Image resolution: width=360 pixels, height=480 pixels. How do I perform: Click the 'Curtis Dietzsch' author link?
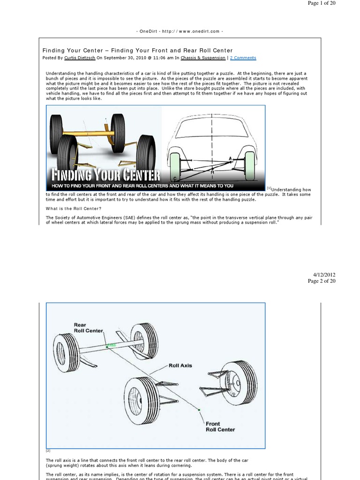78,58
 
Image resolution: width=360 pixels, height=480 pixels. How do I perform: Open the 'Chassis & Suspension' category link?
203,58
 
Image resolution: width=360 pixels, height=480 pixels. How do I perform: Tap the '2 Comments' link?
243,58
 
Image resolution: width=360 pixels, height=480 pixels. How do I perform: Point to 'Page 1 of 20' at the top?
322,3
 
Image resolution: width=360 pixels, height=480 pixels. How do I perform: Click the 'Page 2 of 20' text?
322,281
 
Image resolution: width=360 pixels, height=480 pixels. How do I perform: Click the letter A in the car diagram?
230,159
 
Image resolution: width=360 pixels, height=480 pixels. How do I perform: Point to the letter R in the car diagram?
212,172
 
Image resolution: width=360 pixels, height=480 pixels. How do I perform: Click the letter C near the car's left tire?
175,179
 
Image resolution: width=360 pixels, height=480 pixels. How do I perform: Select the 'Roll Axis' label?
180,366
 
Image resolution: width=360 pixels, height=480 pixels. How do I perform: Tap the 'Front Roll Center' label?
220,427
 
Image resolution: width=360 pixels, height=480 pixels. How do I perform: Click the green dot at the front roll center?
199,410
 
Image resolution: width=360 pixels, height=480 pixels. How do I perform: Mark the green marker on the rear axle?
111,346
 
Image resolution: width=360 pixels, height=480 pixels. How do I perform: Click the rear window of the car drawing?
212,127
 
